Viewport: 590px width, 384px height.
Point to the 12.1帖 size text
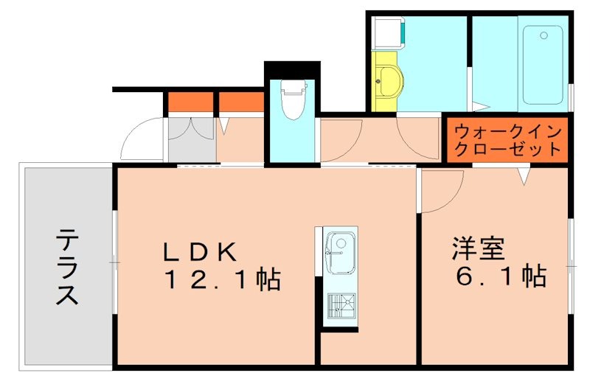pyautogui.click(x=222, y=279)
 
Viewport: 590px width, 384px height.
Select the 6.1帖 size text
pyautogui.click(x=502, y=276)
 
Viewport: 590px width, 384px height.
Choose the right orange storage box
pyautogui.click(x=241, y=102)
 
